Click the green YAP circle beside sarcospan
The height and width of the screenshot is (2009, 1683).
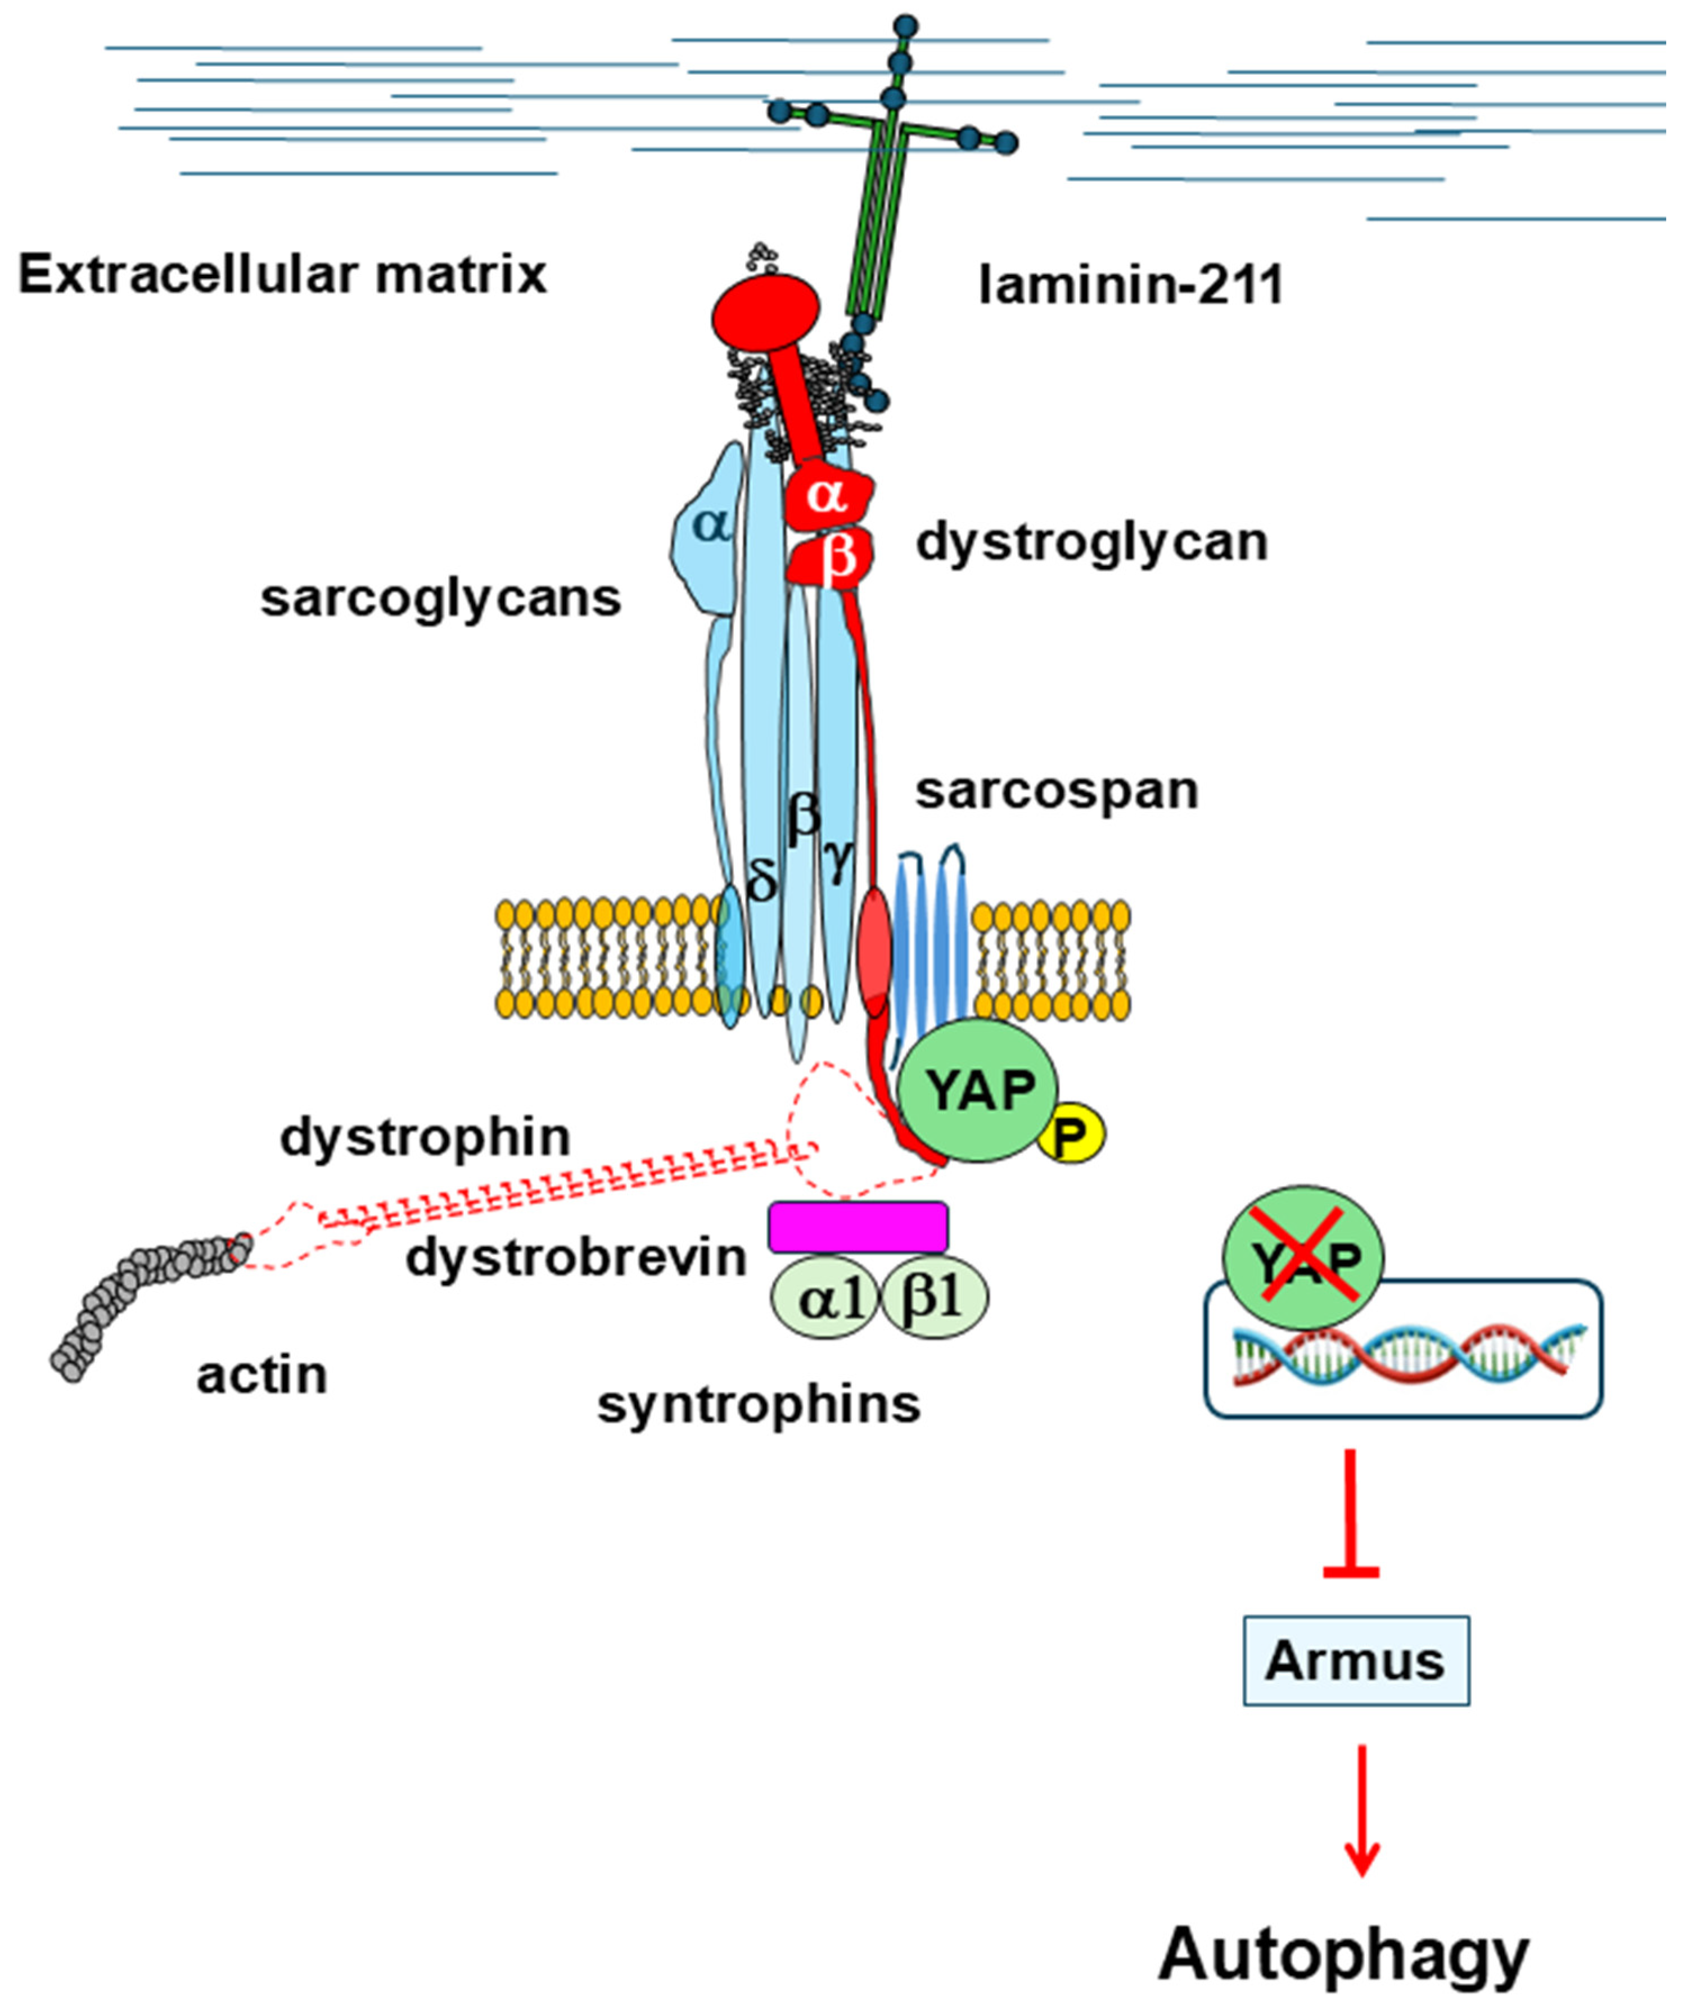pos(978,1091)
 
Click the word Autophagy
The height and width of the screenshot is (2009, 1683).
pos(1344,1952)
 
